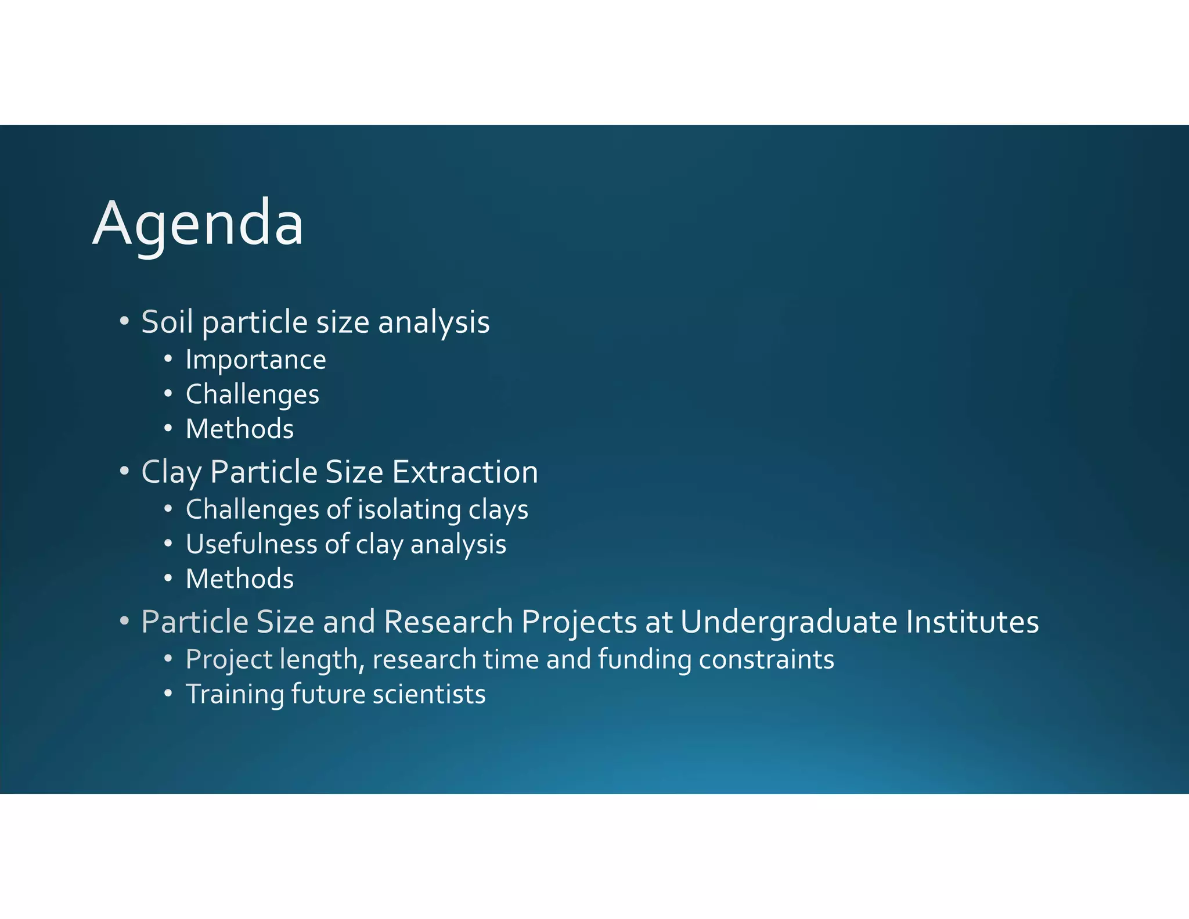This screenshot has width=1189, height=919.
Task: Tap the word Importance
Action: (255, 360)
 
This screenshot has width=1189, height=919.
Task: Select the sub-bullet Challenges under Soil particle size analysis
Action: (252, 394)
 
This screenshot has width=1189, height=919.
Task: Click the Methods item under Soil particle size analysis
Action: (239, 429)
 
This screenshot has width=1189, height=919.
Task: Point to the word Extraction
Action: (465, 472)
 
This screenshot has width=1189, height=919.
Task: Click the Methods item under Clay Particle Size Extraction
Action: (239, 579)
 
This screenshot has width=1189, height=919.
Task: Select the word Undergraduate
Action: (788, 622)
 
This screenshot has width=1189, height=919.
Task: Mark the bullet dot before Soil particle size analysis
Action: (124, 321)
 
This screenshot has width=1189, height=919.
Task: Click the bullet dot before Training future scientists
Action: (168, 694)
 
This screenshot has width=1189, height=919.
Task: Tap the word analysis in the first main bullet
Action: (434, 322)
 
